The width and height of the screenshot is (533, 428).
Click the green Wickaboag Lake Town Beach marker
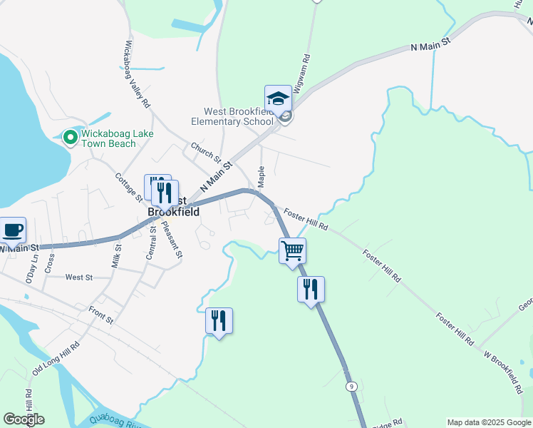tap(70, 137)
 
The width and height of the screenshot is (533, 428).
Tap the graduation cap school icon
tap(278, 98)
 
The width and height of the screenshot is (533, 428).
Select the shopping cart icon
tap(292, 251)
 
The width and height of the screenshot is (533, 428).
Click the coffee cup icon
tap(13, 230)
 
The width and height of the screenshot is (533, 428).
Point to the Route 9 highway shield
tap(351, 386)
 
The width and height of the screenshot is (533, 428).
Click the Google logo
tap(24, 419)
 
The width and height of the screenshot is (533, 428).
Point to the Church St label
tap(206, 153)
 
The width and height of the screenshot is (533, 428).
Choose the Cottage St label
tap(128, 188)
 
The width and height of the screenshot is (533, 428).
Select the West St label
tap(78, 277)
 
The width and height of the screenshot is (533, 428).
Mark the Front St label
tap(100, 315)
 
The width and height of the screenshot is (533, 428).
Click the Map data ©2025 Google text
tap(489, 422)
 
